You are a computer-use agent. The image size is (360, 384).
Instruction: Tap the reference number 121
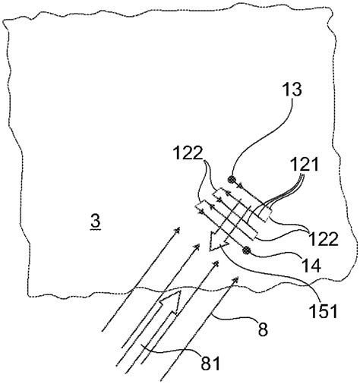tap(303, 164)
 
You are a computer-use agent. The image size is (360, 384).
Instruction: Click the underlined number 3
tap(94, 222)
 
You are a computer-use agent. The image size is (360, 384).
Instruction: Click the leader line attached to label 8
tap(228, 317)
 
